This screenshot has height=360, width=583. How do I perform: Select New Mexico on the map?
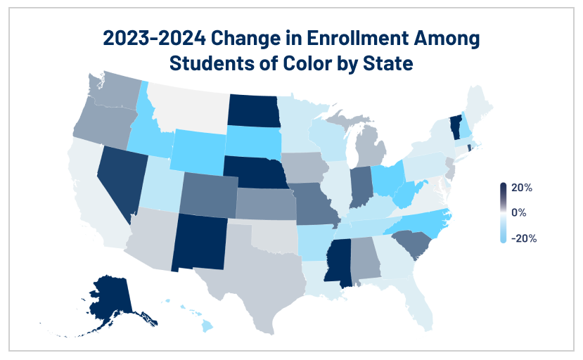tap(199, 242)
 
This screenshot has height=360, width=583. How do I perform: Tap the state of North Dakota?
tap(254, 110)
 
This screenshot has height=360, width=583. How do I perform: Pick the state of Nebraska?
tap(257, 172)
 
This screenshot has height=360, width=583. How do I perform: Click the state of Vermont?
tap(455, 127)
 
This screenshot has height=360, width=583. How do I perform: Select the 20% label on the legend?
tap(522, 188)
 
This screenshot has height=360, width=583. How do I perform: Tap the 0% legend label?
tap(519, 213)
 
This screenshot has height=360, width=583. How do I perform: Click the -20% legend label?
tap(524, 238)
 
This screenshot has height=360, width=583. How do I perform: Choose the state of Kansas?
tap(265, 205)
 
